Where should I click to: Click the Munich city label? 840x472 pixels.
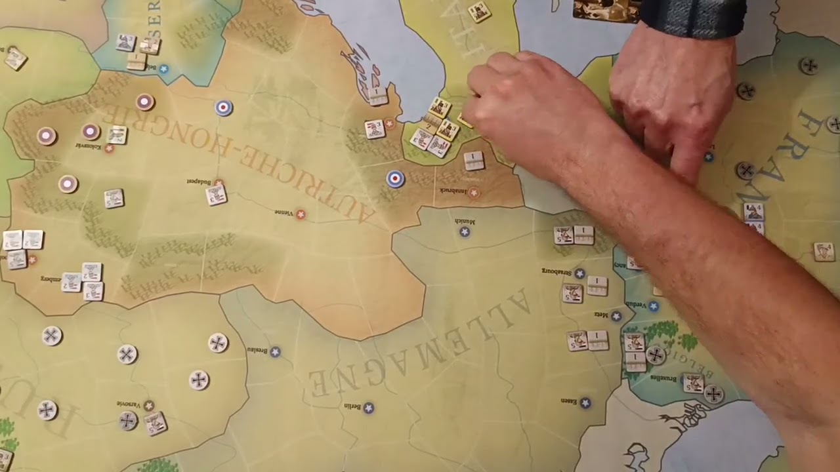tap(464, 222)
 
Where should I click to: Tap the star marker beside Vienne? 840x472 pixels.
tap(301, 214)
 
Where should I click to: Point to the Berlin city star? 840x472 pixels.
tap(369, 408)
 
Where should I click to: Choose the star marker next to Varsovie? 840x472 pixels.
tap(149, 406)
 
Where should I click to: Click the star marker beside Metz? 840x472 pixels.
tap(616, 317)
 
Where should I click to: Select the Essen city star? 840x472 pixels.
tap(585, 403)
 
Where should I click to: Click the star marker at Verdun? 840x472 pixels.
tap(653, 306)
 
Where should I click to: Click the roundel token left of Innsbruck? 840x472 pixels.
tap(395, 178)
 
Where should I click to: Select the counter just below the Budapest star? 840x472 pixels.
tap(216, 195)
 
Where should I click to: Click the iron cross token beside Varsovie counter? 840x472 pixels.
tap(128, 420)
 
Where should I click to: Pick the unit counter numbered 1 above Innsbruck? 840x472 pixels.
tap(474, 160)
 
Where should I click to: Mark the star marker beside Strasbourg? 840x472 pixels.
tap(579, 273)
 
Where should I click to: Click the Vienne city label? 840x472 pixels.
tap(283, 212)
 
